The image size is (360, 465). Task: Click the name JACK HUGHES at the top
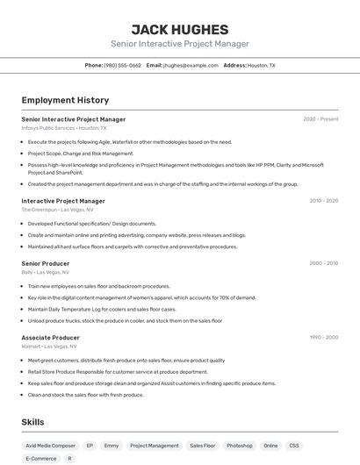click(x=179, y=30)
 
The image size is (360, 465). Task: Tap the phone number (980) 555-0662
click(x=122, y=66)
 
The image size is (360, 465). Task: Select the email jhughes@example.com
click(x=190, y=66)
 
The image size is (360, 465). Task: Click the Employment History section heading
click(x=65, y=100)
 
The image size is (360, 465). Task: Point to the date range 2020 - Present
click(x=320, y=119)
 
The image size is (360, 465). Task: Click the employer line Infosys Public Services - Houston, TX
click(x=64, y=128)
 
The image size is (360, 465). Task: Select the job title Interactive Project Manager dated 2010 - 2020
click(x=63, y=201)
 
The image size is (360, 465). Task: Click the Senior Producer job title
click(x=46, y=263)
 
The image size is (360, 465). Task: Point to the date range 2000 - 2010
click(x=324, y=263)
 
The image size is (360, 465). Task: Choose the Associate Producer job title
click(x=50, y=338)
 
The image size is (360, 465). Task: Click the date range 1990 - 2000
click(x=324, y=338)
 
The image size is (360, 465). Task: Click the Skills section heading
click(x=33, y=422)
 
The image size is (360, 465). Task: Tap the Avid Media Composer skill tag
click(x=51, y=446)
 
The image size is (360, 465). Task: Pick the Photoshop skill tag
click(x=239, y=446)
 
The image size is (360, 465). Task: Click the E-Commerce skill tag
click(x=40, y=458)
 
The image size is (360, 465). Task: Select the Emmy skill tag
click(x=112, y=446)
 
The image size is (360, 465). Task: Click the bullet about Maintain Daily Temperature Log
click(x=102, y=309)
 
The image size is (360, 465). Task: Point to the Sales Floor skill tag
click(x=203, y=446)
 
